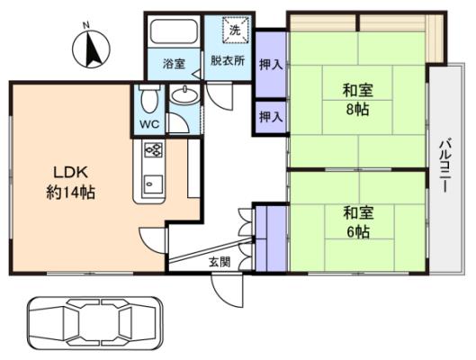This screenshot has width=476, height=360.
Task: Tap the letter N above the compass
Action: click(x=86, y=25)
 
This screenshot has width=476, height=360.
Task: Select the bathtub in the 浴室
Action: click(x=174, y=31)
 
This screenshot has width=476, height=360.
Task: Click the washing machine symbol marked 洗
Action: click(x=236, y=30)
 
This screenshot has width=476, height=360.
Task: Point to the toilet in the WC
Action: click(x=149, y=98)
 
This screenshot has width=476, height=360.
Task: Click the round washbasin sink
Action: click(x=184, y=95)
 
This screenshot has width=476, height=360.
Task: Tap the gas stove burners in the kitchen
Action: click(x=154, y=150)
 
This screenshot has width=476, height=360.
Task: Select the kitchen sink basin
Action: click(x=153, y=184)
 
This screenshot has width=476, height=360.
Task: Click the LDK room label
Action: click(x=71, y=173)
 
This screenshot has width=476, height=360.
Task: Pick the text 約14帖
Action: click(x=71, y=193)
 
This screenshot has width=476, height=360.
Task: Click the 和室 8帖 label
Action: click(x=358, y=100)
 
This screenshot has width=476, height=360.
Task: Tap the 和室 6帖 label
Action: click(x=358, y=222)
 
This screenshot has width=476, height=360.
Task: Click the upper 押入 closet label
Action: click(x=271, y=65)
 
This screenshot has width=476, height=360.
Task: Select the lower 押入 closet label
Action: click(x=271, y=117)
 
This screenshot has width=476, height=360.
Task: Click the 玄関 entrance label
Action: click(x=220, y=262)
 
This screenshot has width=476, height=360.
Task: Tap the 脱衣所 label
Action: click(x=228, y=60)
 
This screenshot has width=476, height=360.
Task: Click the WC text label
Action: click(x=149, y=124)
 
